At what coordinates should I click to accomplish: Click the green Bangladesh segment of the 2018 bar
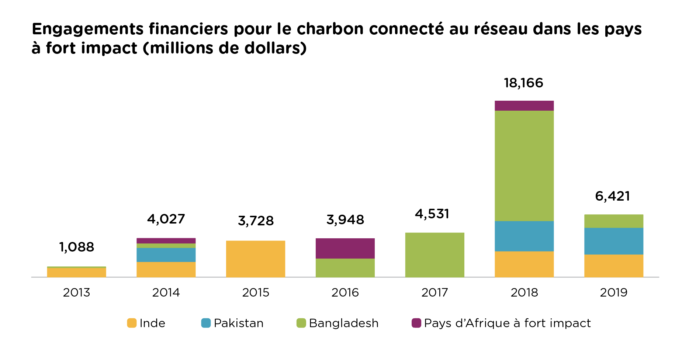click(x=524, y=166)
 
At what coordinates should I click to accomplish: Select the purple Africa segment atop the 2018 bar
click(x=524, y=106)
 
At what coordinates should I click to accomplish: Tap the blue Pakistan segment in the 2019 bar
click(x=613, y=241)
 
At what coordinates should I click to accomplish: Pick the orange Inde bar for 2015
click(x=256, y=259)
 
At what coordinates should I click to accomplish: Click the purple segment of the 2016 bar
click(x=345, y=248)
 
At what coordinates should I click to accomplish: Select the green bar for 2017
click(x=434, y=255)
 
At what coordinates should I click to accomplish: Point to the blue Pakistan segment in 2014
click(x=166, y=255)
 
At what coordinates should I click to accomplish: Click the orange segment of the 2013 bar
click(x=77, y=273)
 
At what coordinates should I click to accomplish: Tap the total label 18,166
click(x=523, y=83)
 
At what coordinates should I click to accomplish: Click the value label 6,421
click(x=613, y=196)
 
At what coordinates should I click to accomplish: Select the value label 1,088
click(x=77, y=247)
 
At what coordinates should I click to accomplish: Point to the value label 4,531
click(x=432, y=214)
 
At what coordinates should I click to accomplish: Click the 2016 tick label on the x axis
click(x=345, y=292)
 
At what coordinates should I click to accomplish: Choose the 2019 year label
click(x=613, y=292)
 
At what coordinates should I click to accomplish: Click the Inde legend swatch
click(x=132, y=323)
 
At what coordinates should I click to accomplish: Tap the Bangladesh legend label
click(x=343, y=323)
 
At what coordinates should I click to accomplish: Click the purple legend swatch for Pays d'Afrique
click(x=416, y=323)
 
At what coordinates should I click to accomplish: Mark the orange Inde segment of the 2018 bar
click(x=524, y=264)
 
